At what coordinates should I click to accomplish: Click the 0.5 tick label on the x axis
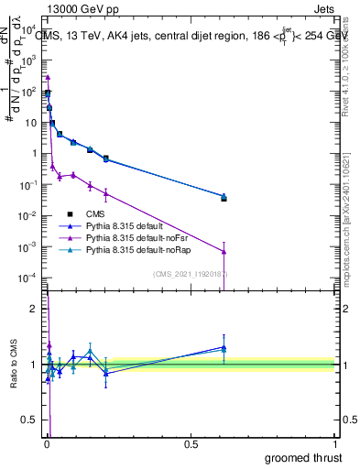pyautogui.click(x=191, y=443)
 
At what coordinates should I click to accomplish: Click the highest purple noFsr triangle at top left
pyautogui.click(x=48, y=77)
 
